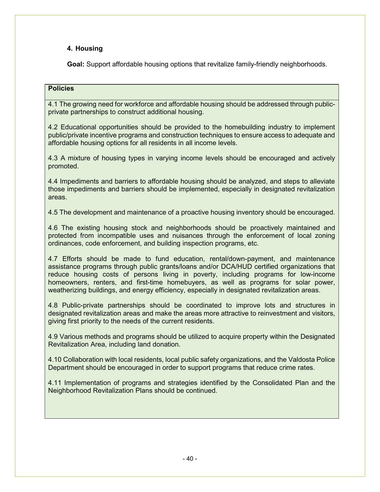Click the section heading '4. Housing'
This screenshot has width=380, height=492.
pos(85,49)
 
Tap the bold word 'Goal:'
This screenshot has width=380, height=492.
pos(76,64)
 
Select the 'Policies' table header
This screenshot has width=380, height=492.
pos(61,89)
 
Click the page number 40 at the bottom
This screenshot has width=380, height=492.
pos(190,459)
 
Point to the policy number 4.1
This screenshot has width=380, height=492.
pos(53,104)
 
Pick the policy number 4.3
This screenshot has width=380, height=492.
pos(53,158)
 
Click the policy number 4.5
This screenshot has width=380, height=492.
pos(53,212)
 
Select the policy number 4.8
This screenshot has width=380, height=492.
pos(53,305)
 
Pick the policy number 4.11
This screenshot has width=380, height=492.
pos(54,383)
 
